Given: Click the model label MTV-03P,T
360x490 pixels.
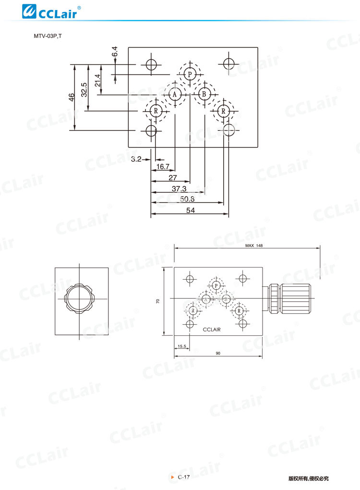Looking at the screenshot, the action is pyautogui.click(x=48, y=36).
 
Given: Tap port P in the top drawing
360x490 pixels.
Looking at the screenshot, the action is pyautogui.click(x=190, y=74).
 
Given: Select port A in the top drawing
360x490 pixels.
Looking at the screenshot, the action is pyautogui.click(x=175, y=94).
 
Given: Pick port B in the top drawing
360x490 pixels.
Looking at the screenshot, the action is pyautogui.click(x=204, y=94).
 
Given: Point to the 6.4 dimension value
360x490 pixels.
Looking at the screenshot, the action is pyautogui.click(x=115, y=51).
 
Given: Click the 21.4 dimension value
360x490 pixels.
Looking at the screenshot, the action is pyautogui.click(x=98, y=80).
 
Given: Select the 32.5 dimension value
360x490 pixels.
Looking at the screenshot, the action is pyautogui.click(x=84, y=90).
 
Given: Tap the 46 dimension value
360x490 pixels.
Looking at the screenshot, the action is pyautogui.click(x=72, y=97).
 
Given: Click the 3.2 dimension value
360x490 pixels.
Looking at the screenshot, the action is pyautogui.click(x=136, y=159).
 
